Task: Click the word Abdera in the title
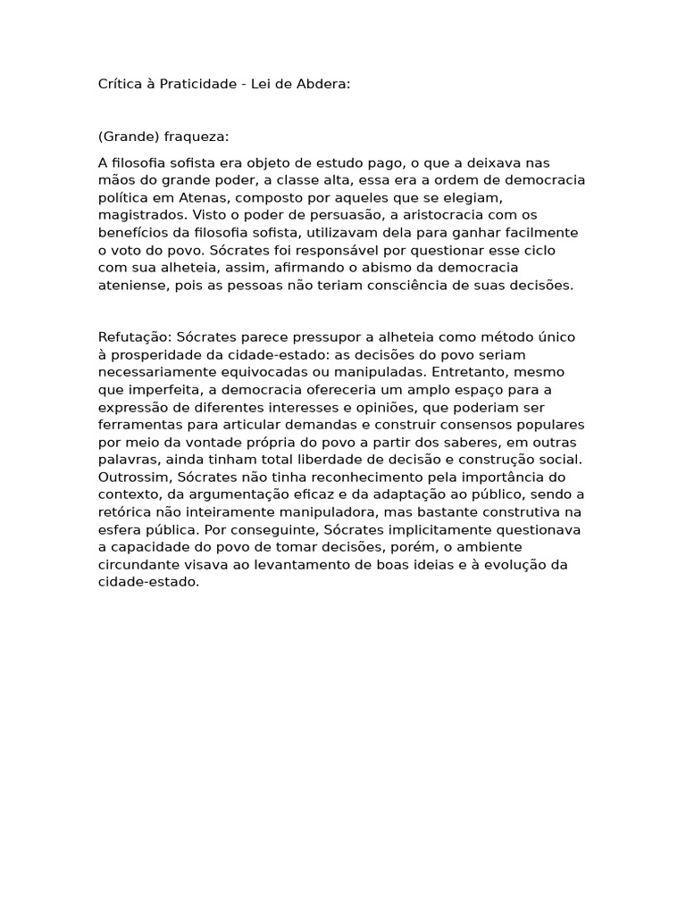[324, 84]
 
